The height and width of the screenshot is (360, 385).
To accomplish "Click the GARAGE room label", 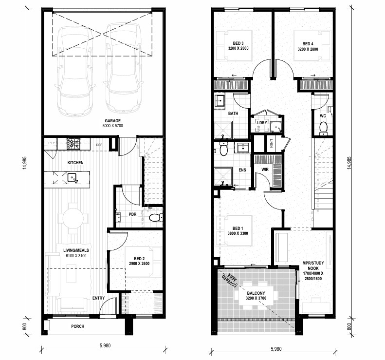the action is (113, 121).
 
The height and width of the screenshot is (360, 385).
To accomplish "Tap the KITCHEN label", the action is (75, 163).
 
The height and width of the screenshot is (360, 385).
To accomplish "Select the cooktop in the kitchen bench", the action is (73, 144).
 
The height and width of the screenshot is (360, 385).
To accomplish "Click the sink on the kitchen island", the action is (73, 177).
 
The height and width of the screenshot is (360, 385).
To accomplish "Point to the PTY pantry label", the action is (51, 143).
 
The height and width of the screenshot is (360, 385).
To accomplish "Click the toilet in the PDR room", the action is (156, 217).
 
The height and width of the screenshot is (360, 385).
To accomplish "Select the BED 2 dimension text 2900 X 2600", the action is (139, 264).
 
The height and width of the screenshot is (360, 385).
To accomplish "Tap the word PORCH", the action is (77, 326).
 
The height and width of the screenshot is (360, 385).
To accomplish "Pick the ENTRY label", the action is (98, 298).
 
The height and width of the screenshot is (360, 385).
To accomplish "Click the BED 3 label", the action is (238, 43).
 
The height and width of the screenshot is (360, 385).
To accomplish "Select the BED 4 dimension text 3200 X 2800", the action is (308, 49).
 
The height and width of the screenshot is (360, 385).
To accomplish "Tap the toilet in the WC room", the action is (323, 129).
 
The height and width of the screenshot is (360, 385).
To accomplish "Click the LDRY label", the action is (262, 122).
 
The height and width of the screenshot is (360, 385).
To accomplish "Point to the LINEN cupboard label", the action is (271, 144).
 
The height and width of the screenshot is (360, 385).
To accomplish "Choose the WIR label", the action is (265, 170).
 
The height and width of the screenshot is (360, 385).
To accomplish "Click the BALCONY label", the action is (256, 293).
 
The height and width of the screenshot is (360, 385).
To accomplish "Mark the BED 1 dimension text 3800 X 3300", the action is (238, 233).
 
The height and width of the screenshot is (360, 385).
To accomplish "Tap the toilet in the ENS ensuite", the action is (223, 149).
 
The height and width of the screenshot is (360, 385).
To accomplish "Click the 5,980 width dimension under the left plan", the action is (105, 345).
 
